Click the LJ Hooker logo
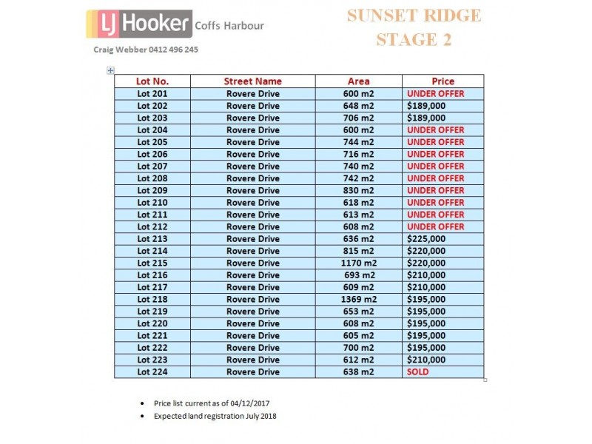(138, 24)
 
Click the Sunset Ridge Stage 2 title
(414, 27)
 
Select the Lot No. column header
(152, 81)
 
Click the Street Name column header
(253, 81)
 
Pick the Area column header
(358, 81)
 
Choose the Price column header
(443, 81)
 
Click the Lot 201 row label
(152, 94)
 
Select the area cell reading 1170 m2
(358, 263)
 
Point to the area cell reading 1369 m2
(358, 299)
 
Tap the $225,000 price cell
(426, 239)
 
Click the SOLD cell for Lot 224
(418, 372)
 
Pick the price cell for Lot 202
(426, 106)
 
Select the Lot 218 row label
(152, 299)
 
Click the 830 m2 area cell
(358, 190)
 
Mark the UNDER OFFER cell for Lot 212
(436, 226)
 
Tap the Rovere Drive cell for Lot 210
(253, 203)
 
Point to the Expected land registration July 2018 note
(215, 416)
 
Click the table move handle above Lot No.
(110, 70)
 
